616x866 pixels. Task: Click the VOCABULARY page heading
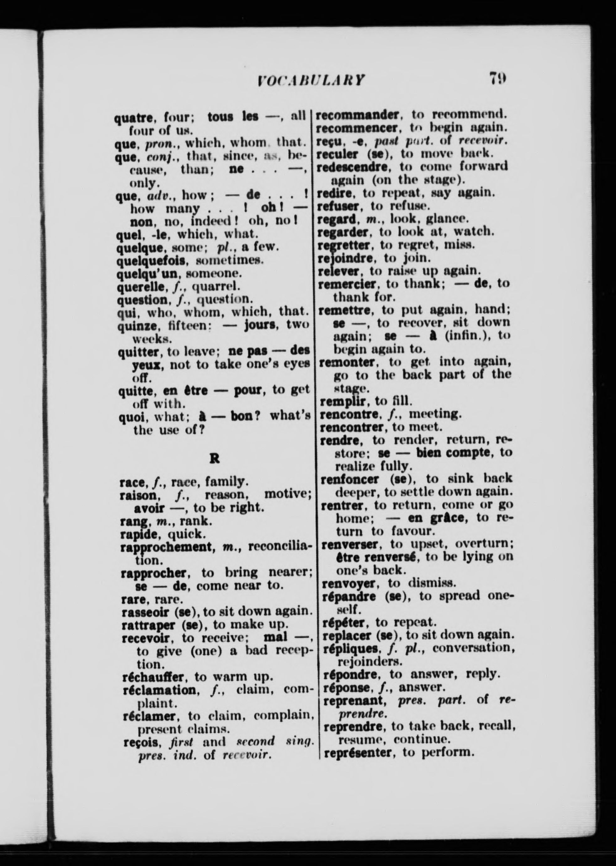[311, 80]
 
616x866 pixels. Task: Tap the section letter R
[214, 459]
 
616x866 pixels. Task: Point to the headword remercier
[347, 283]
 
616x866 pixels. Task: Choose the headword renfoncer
[349, 479]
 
